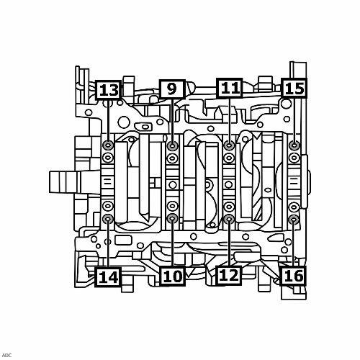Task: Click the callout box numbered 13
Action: [108, 90]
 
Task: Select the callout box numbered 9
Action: [172, 89]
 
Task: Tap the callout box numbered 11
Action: [230, 88]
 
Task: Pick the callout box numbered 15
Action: [294, 88]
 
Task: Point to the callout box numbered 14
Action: [108, 276]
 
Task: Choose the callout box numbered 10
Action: [173, 276]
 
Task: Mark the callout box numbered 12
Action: [229, 275]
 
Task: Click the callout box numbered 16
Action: [293, 276]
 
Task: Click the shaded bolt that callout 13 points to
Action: [108, 145]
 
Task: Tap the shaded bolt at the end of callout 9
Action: [172, 145]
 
